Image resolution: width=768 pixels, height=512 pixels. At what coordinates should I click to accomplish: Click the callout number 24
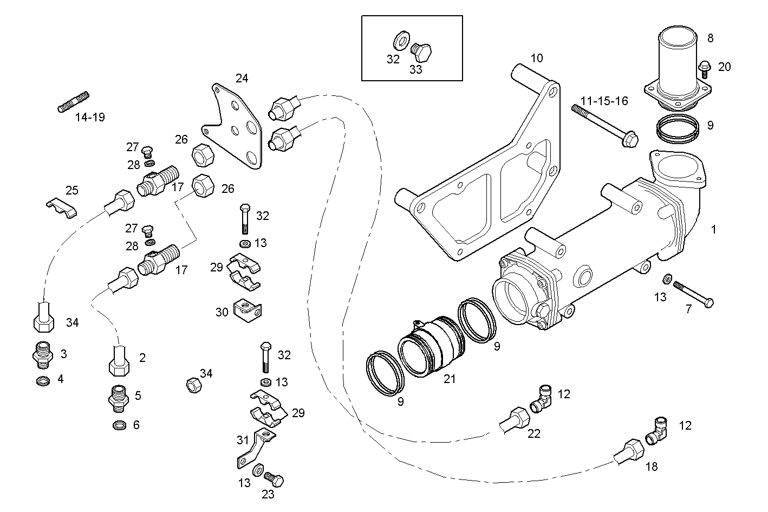[x=242, y=78]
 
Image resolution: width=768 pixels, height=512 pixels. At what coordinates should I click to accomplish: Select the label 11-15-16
[x=604, y=101]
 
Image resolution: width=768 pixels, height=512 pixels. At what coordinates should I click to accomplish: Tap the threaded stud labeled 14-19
[x=73, y=102]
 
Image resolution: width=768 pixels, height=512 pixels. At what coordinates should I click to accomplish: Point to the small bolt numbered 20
[x=705, y=69]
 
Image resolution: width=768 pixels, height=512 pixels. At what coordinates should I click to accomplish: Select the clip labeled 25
[x=61, y=208]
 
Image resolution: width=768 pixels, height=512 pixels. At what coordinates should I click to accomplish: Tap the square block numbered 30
[x=248, y=309]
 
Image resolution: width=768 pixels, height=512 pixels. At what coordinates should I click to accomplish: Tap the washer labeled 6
[x=118, y=425]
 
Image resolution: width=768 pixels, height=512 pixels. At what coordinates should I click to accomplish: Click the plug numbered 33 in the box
[x=421, y=53]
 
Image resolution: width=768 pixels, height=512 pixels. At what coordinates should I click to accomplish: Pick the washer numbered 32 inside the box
[x=400, y=41]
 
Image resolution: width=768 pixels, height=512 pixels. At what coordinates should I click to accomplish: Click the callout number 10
[x=536, y=58]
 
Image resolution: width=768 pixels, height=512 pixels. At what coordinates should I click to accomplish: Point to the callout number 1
[x=713, y=229]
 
